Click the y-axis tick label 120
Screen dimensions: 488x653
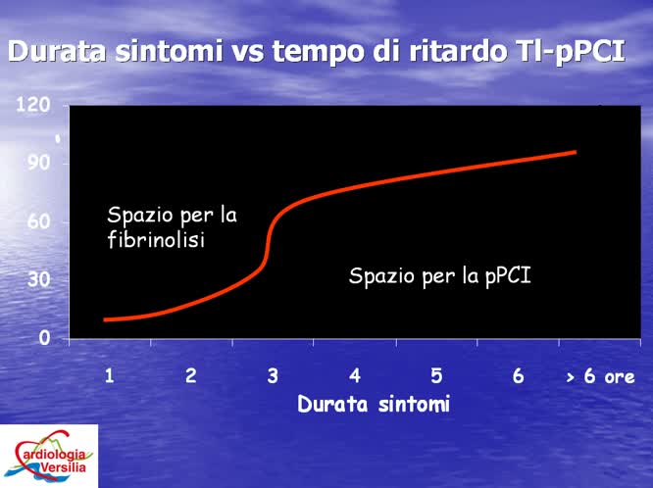(34, 105)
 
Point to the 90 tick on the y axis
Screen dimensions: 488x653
(39, 163)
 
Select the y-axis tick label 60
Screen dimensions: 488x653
(39, 221)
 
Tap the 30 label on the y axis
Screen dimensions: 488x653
(39, 279)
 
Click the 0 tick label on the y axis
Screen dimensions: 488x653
(45, 338)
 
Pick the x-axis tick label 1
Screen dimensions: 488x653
(110, 375)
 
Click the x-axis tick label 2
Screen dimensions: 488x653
(191, 375)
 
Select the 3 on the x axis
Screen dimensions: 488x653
(273, 375)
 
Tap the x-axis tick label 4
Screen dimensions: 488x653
(355, 375)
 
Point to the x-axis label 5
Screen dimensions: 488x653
(436, 375)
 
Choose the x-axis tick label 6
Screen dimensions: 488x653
(519, 375)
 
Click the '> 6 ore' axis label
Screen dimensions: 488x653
(600, 376)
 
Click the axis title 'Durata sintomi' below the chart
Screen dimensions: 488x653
(374, 404)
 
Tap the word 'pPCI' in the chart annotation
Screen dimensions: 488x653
(509, 276)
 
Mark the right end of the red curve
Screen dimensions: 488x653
(575, 152)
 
